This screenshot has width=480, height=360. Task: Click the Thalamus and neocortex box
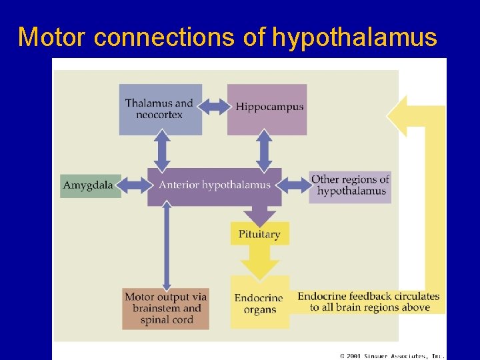pyautogui.click(x=160, y=109)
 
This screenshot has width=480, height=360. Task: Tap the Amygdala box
pyautogui.click(x=91, y=185)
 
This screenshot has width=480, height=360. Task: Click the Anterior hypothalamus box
pyautogui.click(x=215, y=185)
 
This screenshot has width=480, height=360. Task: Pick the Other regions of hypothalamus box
pyautogui.click(x=350, y=185)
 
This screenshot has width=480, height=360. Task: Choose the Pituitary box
pyautogui.click(x=260, y=234)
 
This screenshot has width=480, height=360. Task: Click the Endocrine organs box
pyautogui.click(x=259, y=302)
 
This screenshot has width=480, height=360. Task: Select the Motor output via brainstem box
pyautogui.click(x=165, y=309)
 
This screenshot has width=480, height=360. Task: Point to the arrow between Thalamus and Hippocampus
pyautogui.click(x=215, y=106)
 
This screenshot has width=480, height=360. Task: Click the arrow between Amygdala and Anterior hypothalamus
pyautogui.click(x=134, y=185)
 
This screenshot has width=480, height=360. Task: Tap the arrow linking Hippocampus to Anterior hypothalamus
pyautogui.click(x=265, y=152)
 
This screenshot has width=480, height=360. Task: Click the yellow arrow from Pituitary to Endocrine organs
pyautogui.click(x=260, y=261)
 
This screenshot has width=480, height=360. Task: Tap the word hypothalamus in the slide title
pyautogui.click(x=354, y=37)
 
